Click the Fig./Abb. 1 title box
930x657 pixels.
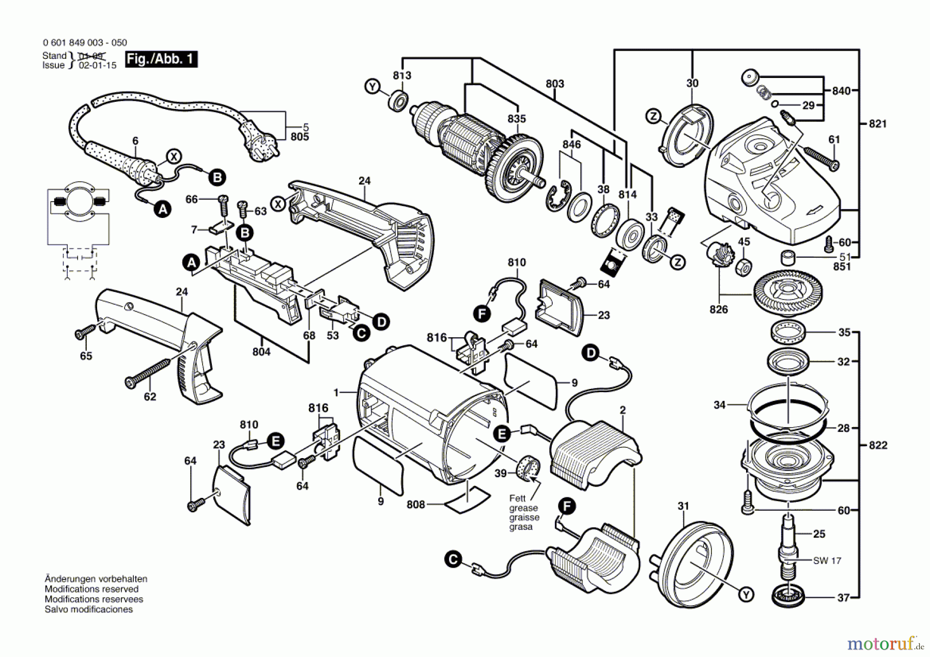161,59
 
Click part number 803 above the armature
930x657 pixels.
555,84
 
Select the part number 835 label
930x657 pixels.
517,119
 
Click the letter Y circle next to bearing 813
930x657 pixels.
372,86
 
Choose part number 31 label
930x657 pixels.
684,506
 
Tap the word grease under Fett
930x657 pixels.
524,508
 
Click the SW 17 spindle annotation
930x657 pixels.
827,560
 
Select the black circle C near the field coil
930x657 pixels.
453,560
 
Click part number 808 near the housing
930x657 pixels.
416,504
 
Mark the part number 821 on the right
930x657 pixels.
878,123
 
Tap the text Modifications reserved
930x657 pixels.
91,589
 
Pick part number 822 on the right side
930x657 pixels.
878,445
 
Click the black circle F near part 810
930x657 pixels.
482,313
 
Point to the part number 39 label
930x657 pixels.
500,473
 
